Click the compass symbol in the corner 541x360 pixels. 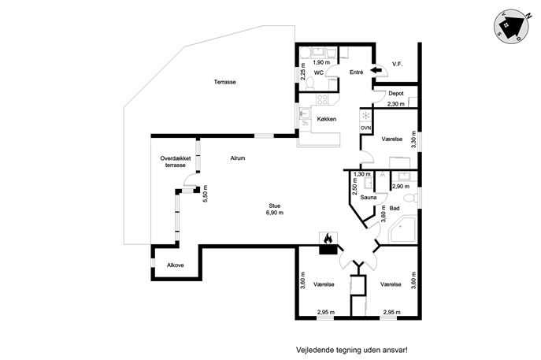point(511,26)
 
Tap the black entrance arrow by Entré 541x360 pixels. point(376,70)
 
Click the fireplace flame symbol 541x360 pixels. point(328,238)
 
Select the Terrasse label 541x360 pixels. point(224,82)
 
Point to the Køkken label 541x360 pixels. point(326,119)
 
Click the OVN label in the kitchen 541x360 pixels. point(365,128)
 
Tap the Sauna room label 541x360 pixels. point(368,198)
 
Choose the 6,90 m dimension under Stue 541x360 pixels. point(275,213)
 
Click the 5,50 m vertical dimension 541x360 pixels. point(206,194)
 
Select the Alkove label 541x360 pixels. point(176,265)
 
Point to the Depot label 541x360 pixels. point(396,94)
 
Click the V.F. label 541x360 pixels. point(398,64)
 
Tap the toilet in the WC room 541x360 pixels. point(309,84)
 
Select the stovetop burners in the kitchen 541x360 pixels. point(323,100)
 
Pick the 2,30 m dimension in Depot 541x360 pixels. point(396,103)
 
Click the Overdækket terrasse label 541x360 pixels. point(176,161)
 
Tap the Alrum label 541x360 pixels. point(238,158)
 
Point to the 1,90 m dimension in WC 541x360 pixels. point(321,62)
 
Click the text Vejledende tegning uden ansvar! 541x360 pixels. point(352,350)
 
